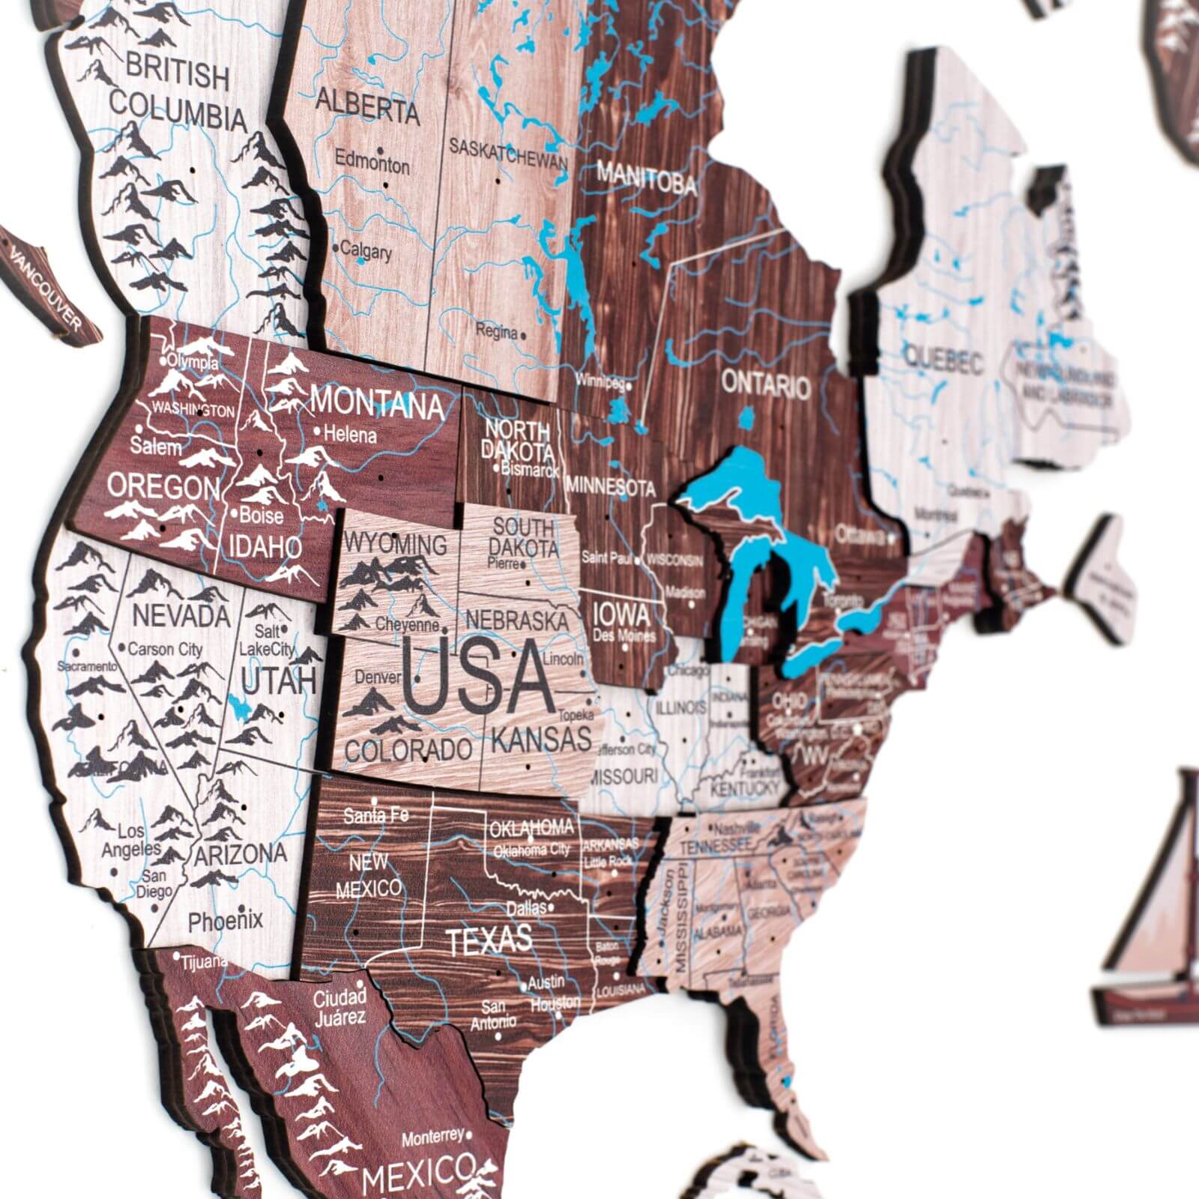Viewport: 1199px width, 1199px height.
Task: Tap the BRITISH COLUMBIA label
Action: coord(178,97)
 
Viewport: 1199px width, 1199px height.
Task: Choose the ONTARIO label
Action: coord(765,385)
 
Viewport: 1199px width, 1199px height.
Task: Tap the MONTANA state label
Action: coord(377,405)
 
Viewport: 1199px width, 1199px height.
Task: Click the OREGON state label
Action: coord(163,488)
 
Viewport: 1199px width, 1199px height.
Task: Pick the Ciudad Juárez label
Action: coord(339,1006)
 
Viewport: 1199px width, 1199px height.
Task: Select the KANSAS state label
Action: coord(541,739)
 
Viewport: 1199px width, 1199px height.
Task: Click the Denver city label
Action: coord(378,677)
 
